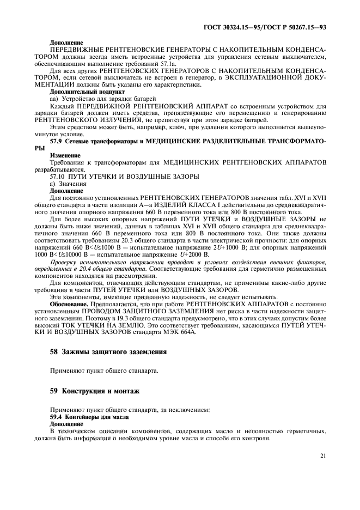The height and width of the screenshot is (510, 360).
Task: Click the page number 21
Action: tap(323, 456)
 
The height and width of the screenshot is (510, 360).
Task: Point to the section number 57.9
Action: tap(57, 141)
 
